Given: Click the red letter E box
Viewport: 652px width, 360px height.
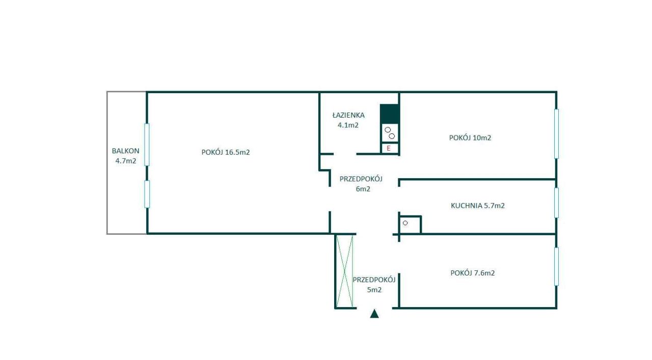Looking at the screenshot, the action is coord(390,148).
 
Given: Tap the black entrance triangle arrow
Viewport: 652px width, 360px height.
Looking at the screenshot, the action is coord(374,314).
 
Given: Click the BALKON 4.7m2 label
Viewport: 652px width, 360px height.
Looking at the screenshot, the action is coord(126,156).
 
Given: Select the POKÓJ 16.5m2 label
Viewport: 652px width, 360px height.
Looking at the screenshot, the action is coord(226,152).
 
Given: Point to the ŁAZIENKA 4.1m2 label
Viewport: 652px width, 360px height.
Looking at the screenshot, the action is coord(348,120).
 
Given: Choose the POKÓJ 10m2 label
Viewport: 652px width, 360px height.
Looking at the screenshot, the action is coord(470,137).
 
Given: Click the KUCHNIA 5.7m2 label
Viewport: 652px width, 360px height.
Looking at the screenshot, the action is coord(478,206).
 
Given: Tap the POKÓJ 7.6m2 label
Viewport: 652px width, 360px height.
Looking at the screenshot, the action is coord(473,273).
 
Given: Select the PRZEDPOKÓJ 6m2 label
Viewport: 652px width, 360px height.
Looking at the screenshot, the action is coord(361,184).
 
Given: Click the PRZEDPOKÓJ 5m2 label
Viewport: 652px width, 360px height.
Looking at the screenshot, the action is coord(374,285).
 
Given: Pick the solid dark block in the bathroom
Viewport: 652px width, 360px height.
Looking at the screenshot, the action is coord(389,114).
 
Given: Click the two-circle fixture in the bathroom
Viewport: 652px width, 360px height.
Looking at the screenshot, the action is coord(390,133).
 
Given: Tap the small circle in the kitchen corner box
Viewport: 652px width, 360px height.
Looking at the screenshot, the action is coord(405,223).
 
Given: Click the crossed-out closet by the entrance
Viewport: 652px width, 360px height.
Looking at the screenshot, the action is coord(345,271).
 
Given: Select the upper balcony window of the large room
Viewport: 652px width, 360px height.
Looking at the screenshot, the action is coord(147,145).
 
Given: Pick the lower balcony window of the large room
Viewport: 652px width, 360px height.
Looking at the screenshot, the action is coord(147,194).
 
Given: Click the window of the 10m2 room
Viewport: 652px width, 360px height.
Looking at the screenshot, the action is coord(557,134).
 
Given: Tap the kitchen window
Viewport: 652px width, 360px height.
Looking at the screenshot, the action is coord(557,203).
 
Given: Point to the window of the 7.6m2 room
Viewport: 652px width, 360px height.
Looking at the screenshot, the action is coord(557,267).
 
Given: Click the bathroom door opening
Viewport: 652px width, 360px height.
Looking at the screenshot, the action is coord(345,154).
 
